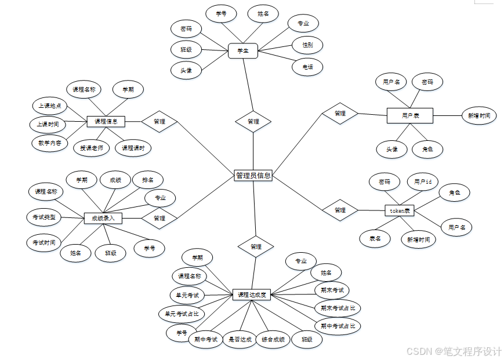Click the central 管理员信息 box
[x=253, y=175]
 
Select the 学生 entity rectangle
[x=243, y=51]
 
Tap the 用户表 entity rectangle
[x=410, y=116]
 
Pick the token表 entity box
[x=399, y=210]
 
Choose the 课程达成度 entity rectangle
[x=252, y=294]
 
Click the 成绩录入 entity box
[x=103, y=219]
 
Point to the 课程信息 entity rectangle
[x=106, y=121]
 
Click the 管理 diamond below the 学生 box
[x=253, y=121]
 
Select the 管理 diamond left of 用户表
[x=340, y=114]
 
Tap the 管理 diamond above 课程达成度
[x=256, y=246]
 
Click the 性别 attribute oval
[x=307, y=44]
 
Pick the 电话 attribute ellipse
[x=307, y=67]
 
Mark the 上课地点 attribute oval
[x=50, y=106]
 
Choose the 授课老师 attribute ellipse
[x=92, y=148]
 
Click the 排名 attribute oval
[x=148, y=180]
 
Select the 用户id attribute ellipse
[x=422, y=181]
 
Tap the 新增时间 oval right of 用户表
[x=479, y=116]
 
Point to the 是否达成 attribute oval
[x=240, y=339]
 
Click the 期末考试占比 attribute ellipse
[x=338, y=308]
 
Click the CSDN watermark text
[x=454, y=351]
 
